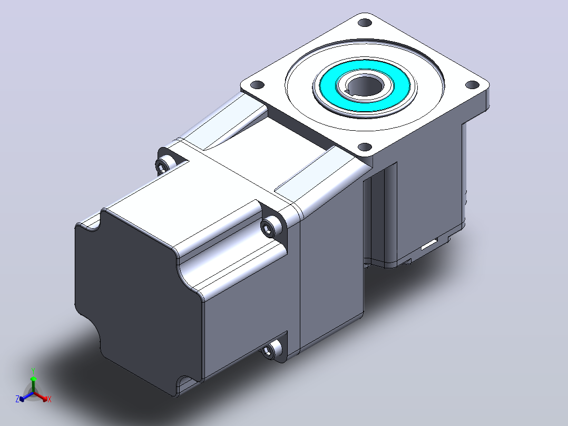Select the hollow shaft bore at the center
click(x=365, y=87)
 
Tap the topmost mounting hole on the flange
click(x=365, y=23)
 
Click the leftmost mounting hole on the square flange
click(x=257, y=85)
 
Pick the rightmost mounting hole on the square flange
click(x=472, y=85)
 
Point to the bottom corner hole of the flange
click(x=365, y=147)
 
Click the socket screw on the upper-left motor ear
click(x=161, y=167)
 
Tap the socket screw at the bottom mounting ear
click(x=269, y=351)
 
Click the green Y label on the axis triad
click(x=33, y=371)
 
